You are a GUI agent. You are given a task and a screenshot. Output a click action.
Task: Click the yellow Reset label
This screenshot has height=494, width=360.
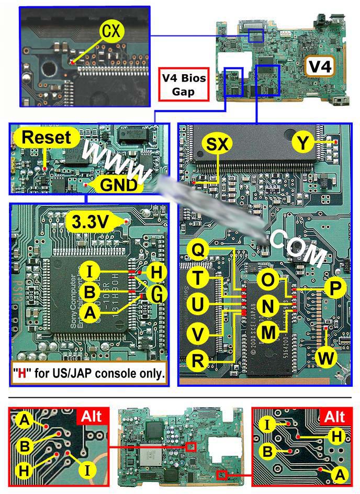47,139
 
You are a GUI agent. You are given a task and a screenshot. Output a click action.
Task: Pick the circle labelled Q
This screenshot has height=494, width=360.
199,251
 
